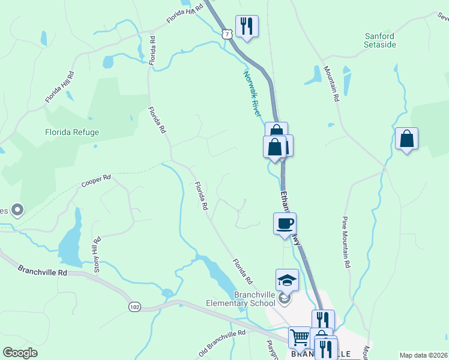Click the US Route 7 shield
[226, 34]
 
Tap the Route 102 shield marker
[134, 307]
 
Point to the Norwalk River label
[253, 94]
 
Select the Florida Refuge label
[72, 132]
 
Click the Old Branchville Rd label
[222, 342]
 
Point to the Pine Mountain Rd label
[346, 241]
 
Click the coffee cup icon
[285, 224]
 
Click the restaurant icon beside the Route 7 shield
[246, 26]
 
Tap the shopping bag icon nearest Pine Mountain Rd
[407, 139]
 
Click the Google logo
[20, 353]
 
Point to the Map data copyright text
[423, 355]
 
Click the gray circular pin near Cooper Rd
[17, 209]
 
